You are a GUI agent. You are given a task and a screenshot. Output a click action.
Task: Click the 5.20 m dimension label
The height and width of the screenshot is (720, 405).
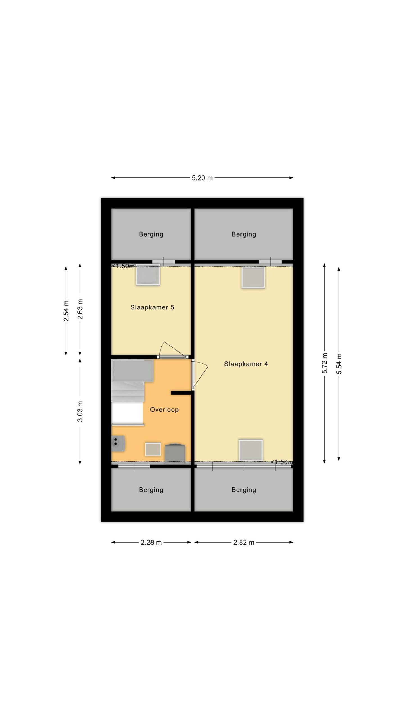coord(202,178)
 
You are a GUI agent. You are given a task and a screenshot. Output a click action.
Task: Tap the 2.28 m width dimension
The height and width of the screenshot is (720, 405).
coord(151,543)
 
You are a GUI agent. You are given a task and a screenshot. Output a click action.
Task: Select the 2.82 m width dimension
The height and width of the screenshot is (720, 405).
coord(244,543)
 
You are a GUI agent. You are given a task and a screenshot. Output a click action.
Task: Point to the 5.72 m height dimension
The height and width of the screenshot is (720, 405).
coord(325,363)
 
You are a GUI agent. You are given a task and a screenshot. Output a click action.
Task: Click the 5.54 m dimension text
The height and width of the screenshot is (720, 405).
coord(339,364)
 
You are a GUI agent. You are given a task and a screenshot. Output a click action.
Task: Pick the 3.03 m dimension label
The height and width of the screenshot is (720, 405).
coord(80,411)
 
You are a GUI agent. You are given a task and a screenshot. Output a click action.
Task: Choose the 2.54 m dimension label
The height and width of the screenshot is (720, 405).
coord(66,310)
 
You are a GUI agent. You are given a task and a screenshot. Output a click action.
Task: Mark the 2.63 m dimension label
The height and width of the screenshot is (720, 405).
coord(80,309)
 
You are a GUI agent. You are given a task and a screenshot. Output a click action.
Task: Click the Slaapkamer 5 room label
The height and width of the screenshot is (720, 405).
coord(152,307)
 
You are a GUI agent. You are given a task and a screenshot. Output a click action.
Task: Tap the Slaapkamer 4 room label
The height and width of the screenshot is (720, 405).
coord(246,364)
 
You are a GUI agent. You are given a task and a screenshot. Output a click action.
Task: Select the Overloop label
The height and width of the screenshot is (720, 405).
coord(164,409)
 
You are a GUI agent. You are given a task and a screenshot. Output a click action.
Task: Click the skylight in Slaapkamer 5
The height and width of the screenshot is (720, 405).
coord(148,274)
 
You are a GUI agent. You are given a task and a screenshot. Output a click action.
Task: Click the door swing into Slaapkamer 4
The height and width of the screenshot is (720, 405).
coord(200,375)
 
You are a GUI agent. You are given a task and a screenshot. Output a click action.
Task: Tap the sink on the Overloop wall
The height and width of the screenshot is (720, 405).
coord(118,444)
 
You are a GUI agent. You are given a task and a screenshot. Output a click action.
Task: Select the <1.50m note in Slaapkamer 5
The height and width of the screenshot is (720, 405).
coord(123,266)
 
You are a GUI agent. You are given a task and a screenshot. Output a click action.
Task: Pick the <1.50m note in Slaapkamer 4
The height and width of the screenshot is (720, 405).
coord(282,462)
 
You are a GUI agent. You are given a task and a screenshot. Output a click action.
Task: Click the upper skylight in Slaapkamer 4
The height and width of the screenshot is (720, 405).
coord(253,277)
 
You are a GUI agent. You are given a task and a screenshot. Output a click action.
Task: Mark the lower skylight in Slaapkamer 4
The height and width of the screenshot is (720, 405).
coord(251,450)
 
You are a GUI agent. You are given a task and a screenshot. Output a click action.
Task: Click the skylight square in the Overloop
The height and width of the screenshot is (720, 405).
coord(153,449)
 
